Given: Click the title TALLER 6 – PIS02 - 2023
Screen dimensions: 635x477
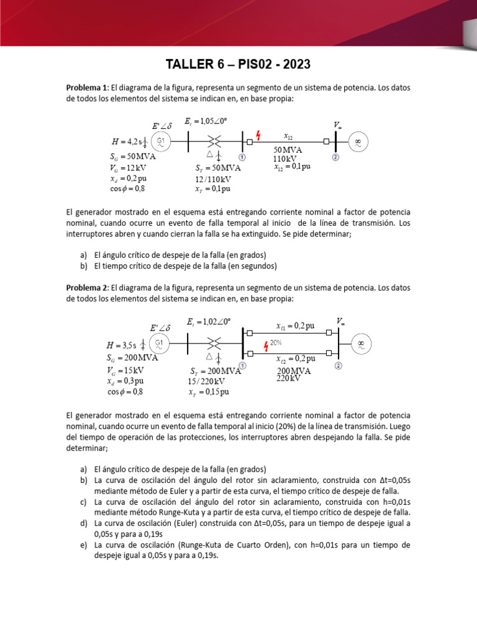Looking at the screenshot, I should [x=238, y=64].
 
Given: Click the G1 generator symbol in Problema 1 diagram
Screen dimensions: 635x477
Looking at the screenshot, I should [x=160, y=142].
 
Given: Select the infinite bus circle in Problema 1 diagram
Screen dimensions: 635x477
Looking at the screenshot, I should [x=358, y=142].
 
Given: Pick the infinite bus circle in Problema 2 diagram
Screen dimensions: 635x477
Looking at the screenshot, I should [x=360, y=343].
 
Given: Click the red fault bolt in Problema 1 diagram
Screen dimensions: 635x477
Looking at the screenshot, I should [x=258, y=135].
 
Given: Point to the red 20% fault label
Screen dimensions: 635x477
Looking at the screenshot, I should [x=276, y=342].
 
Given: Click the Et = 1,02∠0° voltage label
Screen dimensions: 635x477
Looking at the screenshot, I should [x=208, y=321].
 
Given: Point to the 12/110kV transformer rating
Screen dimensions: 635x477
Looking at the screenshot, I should [x=212, y=179].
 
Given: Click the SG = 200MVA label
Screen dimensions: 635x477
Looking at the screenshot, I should [x=132, y=358].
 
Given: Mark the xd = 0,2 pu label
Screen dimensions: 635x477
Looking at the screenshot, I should [x=126, y=178].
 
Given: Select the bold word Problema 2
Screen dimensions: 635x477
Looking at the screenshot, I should [x=87, y=288].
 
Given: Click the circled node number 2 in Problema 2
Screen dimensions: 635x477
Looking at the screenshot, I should [x=338, y=366].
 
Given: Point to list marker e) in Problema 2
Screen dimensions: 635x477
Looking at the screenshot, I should [x=83, y=545].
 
